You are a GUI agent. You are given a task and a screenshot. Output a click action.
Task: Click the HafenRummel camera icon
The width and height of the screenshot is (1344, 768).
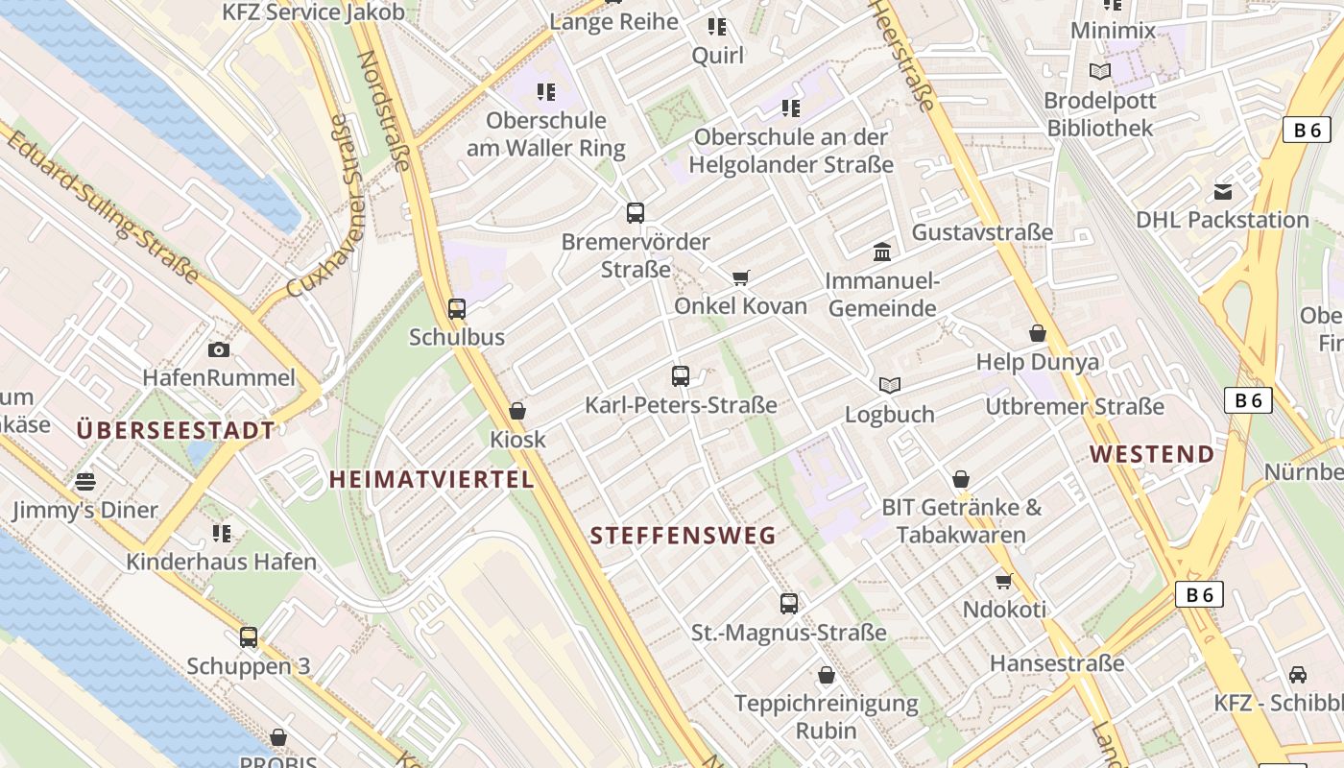coord(219,349)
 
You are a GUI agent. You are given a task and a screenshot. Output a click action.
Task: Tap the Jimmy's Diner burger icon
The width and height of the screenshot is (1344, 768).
coord(86,481)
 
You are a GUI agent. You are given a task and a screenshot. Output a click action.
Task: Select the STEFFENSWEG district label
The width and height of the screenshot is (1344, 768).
coord(683,536)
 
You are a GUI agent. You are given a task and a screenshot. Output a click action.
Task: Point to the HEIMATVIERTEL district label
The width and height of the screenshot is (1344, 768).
coord(431,479)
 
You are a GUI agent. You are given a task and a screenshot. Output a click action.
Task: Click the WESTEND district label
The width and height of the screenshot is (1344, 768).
coord(1152,454)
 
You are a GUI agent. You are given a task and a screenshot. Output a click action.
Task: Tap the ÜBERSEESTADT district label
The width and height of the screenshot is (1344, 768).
coord(176,430)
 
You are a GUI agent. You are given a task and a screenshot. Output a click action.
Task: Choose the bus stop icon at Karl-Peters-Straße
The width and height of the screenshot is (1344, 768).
coord(681,376)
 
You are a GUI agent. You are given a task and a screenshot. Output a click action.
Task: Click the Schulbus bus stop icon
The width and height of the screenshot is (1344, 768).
coord(457,309)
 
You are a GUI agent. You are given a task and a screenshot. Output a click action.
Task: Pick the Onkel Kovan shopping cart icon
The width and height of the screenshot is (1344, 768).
coord(740,278)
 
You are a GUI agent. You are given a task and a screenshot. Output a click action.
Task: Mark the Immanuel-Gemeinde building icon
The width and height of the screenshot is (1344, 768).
coord(882,252)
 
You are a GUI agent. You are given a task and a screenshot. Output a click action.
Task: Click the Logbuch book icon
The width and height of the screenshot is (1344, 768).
coord(890,385)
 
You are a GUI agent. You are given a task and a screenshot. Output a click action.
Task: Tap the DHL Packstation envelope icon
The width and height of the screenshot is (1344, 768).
coord(1223,192)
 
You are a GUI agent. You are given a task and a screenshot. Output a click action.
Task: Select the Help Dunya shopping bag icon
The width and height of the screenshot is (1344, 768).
coord(1038,334)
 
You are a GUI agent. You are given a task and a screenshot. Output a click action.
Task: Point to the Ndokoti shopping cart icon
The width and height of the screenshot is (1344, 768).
coord(1004,581)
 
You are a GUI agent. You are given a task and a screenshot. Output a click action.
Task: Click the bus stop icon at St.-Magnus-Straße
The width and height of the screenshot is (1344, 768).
coord(789,604)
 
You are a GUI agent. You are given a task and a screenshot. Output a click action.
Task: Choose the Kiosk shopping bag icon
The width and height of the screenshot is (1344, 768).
coord(517,411)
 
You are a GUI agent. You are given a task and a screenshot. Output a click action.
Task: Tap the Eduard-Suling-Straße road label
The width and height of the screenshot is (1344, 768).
coord(104,207)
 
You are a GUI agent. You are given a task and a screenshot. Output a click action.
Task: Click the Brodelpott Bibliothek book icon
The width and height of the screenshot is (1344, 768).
coord(1100,71)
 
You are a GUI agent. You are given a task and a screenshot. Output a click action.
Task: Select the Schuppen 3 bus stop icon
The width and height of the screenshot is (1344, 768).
coord(249,637)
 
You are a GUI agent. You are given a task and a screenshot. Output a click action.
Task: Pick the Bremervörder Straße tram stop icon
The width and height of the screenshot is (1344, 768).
coord(635,213)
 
